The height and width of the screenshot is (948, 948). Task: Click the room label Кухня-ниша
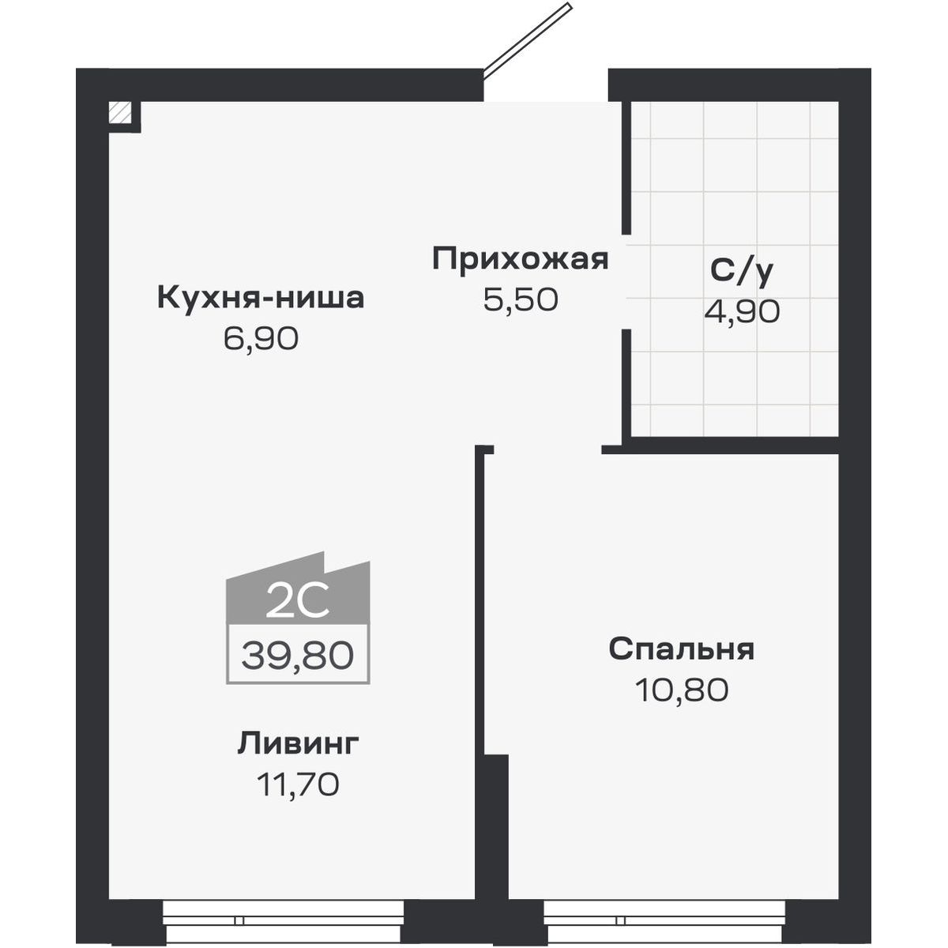click(261, 299)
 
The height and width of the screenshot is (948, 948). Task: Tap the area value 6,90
click(261, 340)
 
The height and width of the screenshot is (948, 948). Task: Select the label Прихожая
click(521, 259)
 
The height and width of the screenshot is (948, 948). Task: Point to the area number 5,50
click(521, 299)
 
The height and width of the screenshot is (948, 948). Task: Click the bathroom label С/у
click(741, 271)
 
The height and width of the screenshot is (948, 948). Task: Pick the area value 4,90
click(741, 311)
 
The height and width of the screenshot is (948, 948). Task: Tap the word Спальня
click(681, 649)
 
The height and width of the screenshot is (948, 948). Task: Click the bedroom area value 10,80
click(681, 690)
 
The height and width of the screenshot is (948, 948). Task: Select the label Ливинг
click(298, 743)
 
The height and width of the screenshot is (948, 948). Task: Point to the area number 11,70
click(298, 784)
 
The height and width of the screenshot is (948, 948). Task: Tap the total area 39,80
click(298, 656)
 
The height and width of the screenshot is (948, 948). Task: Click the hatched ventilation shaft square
click(120, 112)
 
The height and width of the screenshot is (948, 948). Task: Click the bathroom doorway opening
click(626, 283)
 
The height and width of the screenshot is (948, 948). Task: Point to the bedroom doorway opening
click(547, 450)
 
